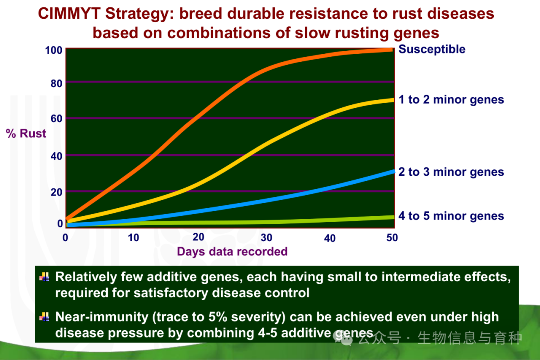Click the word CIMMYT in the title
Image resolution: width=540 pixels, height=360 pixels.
[x=69, y=14]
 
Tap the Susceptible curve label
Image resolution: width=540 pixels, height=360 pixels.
[x=432, y=50]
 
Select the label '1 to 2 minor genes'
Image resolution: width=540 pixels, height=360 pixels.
[x=451, y=100]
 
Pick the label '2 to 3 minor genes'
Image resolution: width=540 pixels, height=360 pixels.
[x=451, y=172]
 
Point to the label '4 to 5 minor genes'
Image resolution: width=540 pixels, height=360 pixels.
[x=451, y=216]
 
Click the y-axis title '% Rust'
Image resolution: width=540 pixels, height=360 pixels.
[x=26, y=133]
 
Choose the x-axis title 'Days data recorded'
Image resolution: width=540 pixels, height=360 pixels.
[x=232, y=252]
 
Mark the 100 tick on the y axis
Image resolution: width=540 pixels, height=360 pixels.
[x=53, y=50]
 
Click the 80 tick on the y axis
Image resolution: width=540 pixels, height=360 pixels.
[x=56, y=83]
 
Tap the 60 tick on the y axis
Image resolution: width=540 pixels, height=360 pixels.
[x=56, y=119]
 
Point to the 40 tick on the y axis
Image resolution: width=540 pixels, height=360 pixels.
[x=56, y=156]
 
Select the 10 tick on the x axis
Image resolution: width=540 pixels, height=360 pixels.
[x=133, y=237]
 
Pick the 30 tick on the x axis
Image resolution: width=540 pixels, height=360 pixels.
[x=266, y=237]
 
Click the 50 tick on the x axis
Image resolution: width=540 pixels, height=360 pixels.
[x=392, y=237]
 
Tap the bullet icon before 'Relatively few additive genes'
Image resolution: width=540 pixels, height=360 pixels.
[x=45, y=277]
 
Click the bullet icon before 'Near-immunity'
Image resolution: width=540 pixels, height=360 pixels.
[x=45, y=317]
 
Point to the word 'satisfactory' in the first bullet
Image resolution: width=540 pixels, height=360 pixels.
[x=171, y=293]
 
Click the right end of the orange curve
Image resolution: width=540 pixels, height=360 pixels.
[x=393, y=50]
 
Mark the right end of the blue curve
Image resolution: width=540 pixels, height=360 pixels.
[x=393, y=171]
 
